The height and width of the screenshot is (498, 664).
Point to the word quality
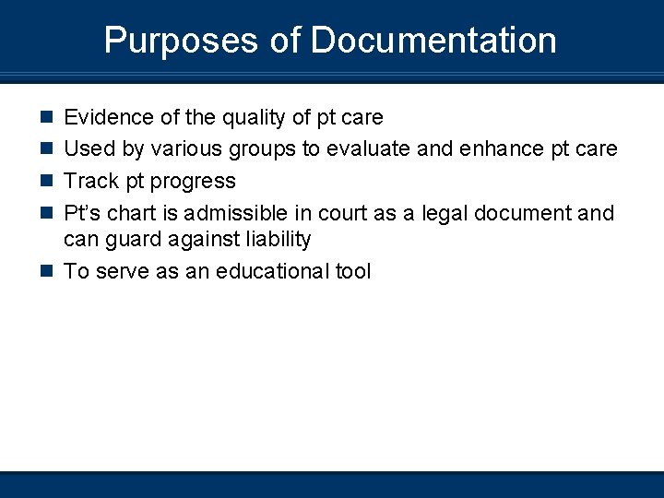(248, 118)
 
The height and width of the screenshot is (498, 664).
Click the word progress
(195, 182)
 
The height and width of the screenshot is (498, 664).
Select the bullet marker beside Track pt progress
(44, 181)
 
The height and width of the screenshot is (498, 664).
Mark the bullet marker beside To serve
(44, 271)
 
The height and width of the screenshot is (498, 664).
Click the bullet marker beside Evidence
(44, 117)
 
